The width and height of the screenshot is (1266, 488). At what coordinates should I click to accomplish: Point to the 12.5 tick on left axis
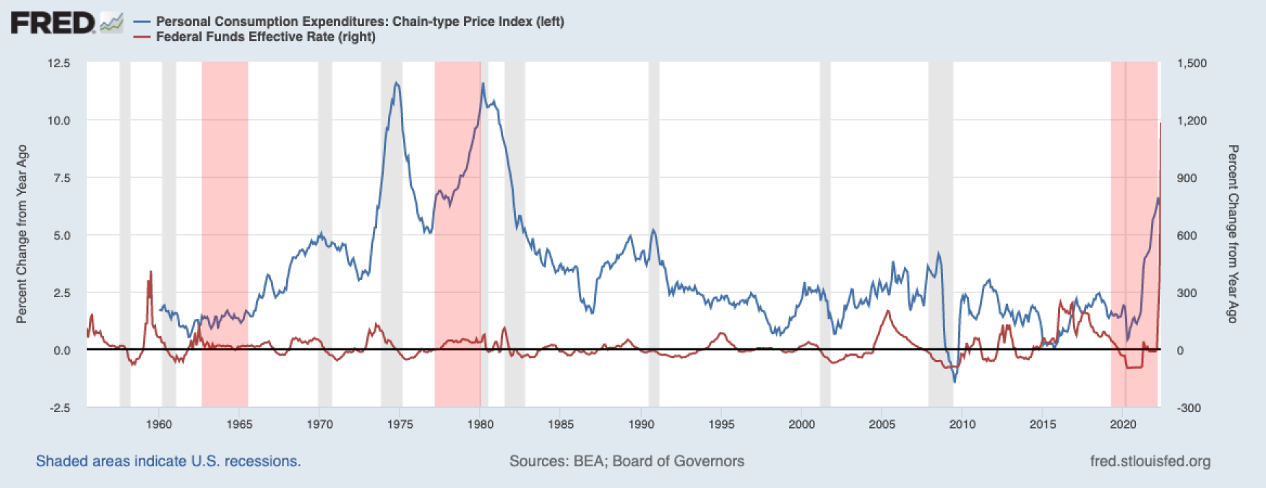59,64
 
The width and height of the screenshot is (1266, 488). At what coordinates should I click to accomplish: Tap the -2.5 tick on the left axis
60,408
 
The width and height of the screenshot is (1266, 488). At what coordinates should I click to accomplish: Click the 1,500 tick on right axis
1192,64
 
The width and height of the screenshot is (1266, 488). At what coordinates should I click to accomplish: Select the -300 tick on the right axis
1189,408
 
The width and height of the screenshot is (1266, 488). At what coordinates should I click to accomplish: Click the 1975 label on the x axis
400,424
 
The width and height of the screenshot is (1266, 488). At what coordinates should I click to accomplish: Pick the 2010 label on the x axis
962,424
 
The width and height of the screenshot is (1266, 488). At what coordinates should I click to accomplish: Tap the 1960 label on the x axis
159,424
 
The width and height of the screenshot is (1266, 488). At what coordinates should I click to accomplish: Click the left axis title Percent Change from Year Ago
22,234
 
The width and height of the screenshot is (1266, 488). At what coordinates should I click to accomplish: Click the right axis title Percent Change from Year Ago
1233,234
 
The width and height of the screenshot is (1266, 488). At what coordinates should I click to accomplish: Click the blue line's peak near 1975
396,83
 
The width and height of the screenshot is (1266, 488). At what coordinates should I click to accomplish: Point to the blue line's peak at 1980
483,84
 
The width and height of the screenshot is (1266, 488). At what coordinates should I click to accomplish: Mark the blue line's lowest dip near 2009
955,381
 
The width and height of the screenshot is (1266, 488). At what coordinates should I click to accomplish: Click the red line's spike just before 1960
150,272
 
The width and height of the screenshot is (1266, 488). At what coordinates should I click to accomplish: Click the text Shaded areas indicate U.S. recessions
168,461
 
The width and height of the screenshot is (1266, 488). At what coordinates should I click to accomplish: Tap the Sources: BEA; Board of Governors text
626,461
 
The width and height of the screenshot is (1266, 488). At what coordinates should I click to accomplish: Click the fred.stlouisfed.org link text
1150,461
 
